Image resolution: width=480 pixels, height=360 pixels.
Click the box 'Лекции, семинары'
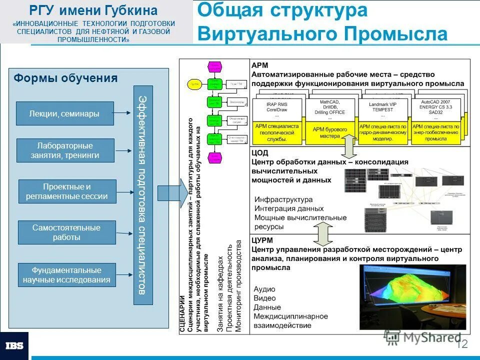click(x=65, y=113)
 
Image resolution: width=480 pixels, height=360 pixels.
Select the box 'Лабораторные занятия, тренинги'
click(x=65, y=150)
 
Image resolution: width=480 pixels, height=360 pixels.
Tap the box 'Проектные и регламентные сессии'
click(x=67, y=191)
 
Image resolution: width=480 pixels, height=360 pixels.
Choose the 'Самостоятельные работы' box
click(x=66, y=232)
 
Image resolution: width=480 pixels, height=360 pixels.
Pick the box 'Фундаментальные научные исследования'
click(x=66, y=275)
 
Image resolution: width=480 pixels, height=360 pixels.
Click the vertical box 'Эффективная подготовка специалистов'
click(x=142, y=195)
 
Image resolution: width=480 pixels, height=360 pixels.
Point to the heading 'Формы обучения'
click(x=65, y=78)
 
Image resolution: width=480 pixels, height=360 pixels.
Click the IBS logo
click(x=14, y=345)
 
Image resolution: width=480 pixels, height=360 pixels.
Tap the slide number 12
click(x=461, y=344)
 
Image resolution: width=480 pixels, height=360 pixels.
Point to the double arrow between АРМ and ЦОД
click(x=348, y=148)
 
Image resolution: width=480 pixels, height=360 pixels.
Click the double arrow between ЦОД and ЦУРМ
click(x=323, y=232)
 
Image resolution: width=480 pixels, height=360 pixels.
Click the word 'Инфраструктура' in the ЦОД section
click(x=283, y=199)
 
